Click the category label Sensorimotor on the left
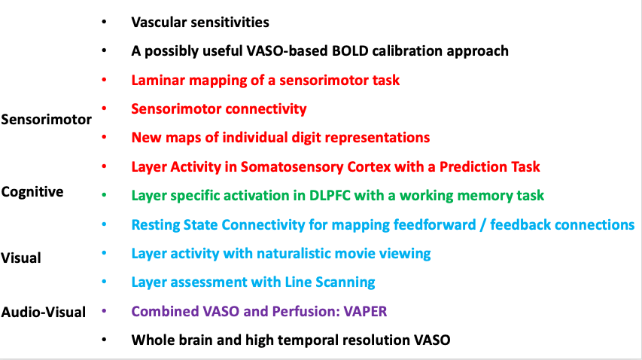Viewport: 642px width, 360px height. [x=46, y=120]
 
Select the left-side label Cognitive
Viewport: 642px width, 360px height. [x=32, y=191]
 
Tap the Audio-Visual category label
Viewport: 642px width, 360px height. [x=44, y=312]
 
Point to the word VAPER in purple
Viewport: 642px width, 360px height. [x=365, y=311]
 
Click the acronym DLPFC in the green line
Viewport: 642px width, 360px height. [x=330, y=195]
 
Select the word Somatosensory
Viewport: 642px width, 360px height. [x=292, y=166]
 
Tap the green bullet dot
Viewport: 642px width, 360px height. [x=104, y=195]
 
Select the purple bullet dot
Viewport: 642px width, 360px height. [x=104, y=311]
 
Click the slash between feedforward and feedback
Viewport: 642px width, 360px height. [x=483, y=224]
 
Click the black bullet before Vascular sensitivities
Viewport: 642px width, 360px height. [x=104, y=22]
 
